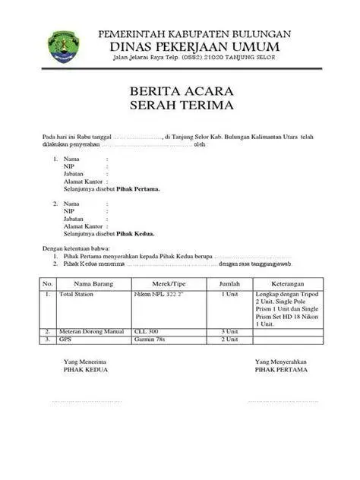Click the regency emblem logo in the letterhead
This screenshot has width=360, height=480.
click(x=61, y=46)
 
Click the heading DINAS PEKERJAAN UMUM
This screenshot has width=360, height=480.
click(x=195, y=47)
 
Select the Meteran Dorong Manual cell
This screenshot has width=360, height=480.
click(x=91, y=332)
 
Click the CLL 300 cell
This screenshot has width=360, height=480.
click(x=147, y=332)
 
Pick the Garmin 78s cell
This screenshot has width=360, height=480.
click(x=150, y=339)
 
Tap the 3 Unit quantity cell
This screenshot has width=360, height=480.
click(x=229, y=332)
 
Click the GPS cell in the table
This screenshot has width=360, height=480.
click(x=65, y=339)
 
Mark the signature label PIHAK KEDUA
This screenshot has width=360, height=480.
click(x=86, y=370)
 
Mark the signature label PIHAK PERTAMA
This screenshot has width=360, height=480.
click(x=281, y=370)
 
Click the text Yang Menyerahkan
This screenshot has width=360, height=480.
click(x=281, y=362)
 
